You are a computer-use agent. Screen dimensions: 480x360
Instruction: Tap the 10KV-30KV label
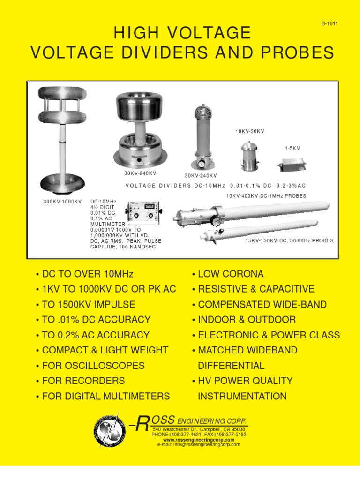[x=250, y=132]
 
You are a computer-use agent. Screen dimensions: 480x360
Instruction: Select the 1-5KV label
[x=292, y=148]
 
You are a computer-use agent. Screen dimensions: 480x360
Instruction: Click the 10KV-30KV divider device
[x=249, y=156]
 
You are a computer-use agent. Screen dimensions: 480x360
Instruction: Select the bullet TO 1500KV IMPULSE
[x=89, y=304]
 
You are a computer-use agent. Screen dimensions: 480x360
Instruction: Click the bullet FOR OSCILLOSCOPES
[x=93, y=366]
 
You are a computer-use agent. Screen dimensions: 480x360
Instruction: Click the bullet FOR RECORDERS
[x=83, y=381]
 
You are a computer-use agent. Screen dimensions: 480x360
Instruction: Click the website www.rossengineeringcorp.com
[x=199, y=440]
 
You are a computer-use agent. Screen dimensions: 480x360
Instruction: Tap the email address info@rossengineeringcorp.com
[x=199, y=445]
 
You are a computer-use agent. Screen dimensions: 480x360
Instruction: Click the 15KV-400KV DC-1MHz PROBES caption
[x=266, y=196]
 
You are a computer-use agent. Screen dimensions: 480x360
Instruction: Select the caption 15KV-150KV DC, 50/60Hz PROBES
[x=289, y=240]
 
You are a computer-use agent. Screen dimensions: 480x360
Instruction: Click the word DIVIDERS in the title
[x=147, y=53]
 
